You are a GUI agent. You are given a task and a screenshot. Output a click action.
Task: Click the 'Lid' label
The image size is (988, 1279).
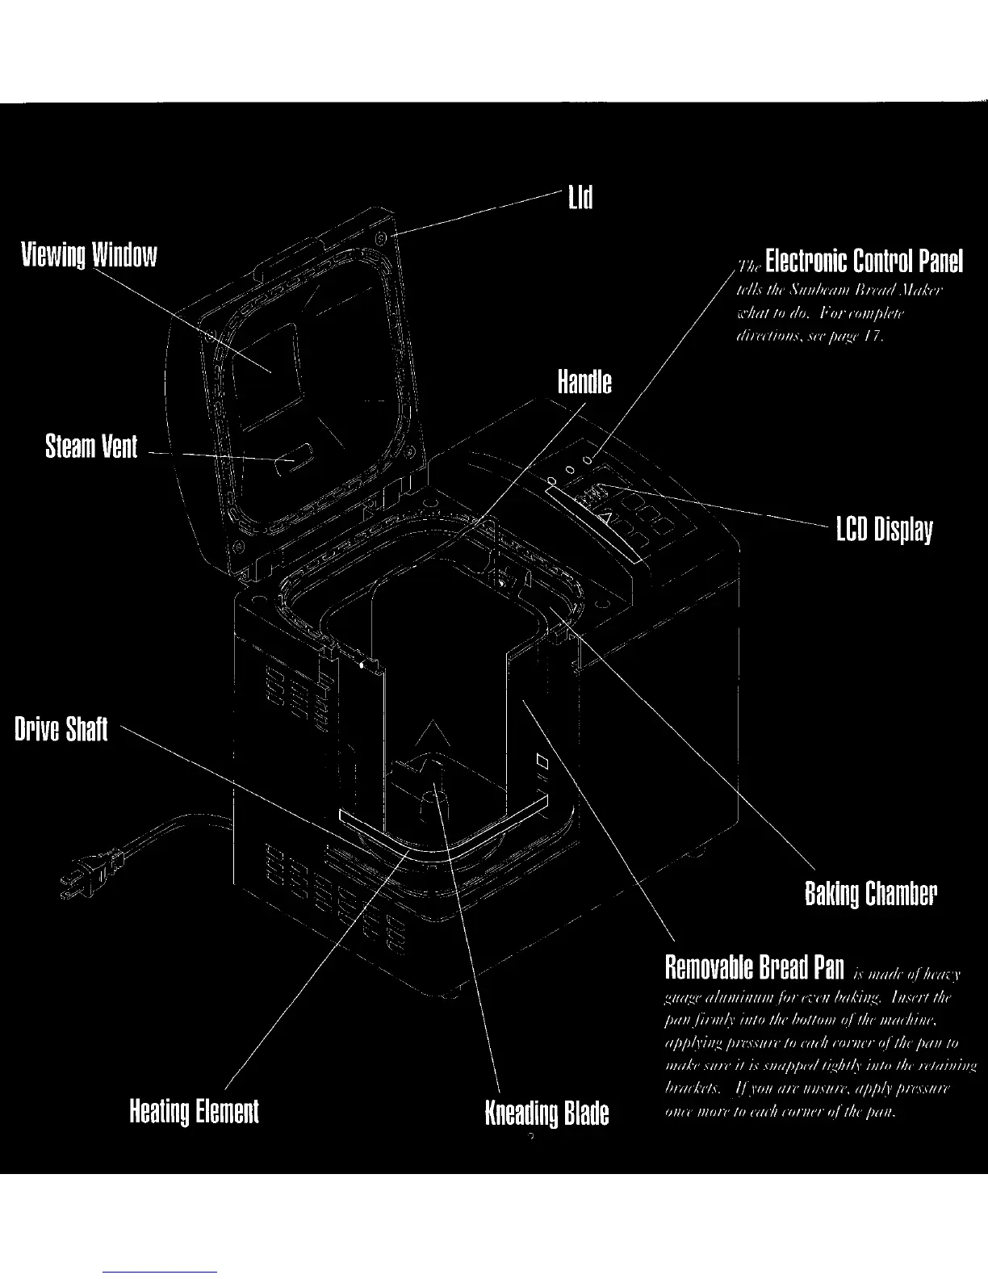[x=580, y=197]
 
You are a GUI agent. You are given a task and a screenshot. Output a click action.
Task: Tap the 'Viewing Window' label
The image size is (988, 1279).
[x=89, y=255]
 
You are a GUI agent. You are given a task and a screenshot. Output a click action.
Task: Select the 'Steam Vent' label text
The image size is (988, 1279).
[x=91, y=447]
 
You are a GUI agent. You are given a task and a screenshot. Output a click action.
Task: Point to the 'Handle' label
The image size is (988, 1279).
[x=584, y=382]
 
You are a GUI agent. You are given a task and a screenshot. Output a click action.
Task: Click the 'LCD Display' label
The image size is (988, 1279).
[x=884, y=530]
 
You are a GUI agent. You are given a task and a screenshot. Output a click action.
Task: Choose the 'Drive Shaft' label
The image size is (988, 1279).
[x=61, y=729]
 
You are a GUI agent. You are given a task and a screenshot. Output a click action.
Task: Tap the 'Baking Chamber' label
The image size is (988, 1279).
[x=871, y=894]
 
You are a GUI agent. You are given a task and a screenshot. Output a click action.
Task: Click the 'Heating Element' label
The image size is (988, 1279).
[x=195, y=1111]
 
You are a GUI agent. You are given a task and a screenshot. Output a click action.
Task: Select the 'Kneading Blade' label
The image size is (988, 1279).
[x=546, y=1113]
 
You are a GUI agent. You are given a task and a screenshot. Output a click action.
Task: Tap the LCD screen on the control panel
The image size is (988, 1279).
[x=594, y=495]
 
